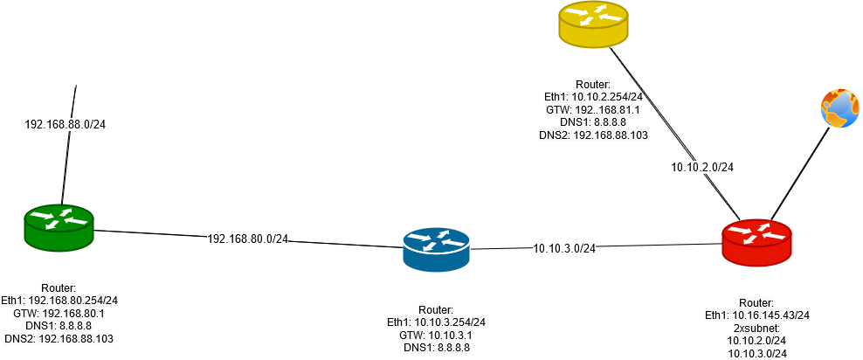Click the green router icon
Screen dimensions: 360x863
coord(58,228)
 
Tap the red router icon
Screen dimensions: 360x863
coord(756,241)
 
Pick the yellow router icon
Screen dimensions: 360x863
coord(593,24)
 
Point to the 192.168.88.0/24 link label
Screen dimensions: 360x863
coord(65,125)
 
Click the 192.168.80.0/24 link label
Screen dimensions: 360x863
coord(247,238)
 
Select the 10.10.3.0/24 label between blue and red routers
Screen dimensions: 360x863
coord(564,248)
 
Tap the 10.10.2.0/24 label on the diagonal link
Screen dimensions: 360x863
coord(702,167)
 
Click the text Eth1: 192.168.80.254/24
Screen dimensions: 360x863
coord(59,301)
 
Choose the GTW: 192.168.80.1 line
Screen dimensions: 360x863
coord(59,313)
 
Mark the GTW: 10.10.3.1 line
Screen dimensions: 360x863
coord(435,335)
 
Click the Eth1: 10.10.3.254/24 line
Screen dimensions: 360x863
coord(435,322)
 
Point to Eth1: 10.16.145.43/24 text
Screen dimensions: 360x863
coord(756,315)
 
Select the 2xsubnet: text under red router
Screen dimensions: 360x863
coord(756,328)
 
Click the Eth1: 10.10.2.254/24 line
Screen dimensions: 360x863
coord(593,98)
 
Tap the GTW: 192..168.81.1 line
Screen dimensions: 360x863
coord(593,110)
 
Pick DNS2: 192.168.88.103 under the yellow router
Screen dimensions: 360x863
coord(593,135)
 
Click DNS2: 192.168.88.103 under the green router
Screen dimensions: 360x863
coord(59,338)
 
